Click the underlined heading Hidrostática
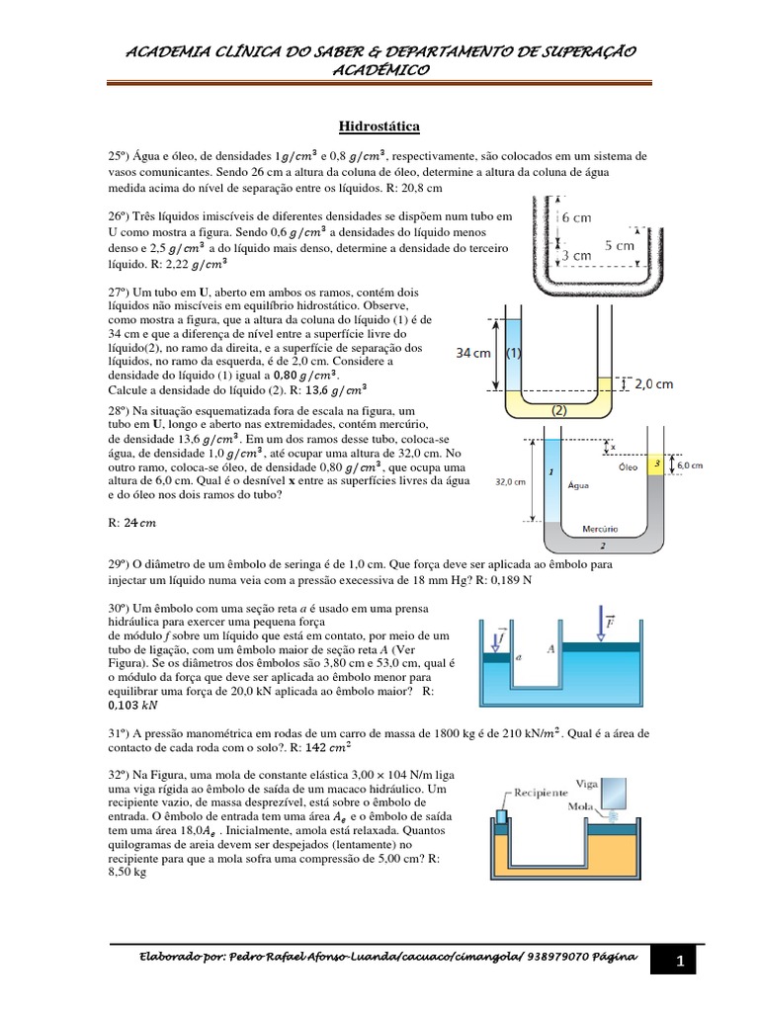click(379, 126)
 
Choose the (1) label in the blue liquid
click(514, 352)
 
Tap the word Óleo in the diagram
click(628, 465)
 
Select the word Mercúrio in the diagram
click(587, 527)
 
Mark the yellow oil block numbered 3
click(655, 463)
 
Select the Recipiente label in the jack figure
click(539, 793)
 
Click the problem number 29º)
click(121, 563)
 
